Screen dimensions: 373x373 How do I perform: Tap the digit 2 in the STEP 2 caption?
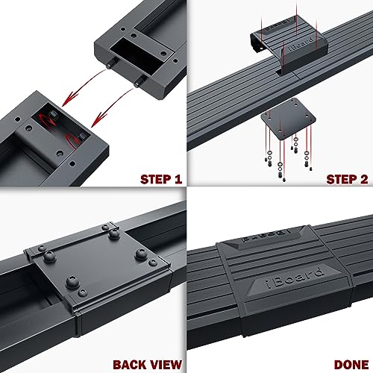(364, 179)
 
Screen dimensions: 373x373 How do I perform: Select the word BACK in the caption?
(128, 365)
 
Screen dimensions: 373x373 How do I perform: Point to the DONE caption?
(351, 365)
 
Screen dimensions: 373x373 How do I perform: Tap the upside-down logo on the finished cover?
(266, 234)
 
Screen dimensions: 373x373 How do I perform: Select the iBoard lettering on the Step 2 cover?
(301, 45)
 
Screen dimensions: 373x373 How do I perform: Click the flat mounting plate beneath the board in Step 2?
(288, 119)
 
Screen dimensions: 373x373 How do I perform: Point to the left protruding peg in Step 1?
(110, 64)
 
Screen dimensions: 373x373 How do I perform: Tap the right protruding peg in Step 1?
(140, 82)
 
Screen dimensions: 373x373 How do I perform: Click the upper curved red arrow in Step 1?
(84, 84)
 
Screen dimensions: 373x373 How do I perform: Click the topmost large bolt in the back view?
(114, 233)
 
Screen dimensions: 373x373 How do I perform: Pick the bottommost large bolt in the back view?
(72, 281)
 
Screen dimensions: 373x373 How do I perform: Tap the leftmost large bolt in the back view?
(50, 257)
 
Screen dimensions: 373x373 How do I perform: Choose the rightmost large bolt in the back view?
(141, 254)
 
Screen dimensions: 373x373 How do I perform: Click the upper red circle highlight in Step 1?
(48, 119)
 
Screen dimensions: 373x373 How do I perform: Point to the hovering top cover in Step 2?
(289, 45)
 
